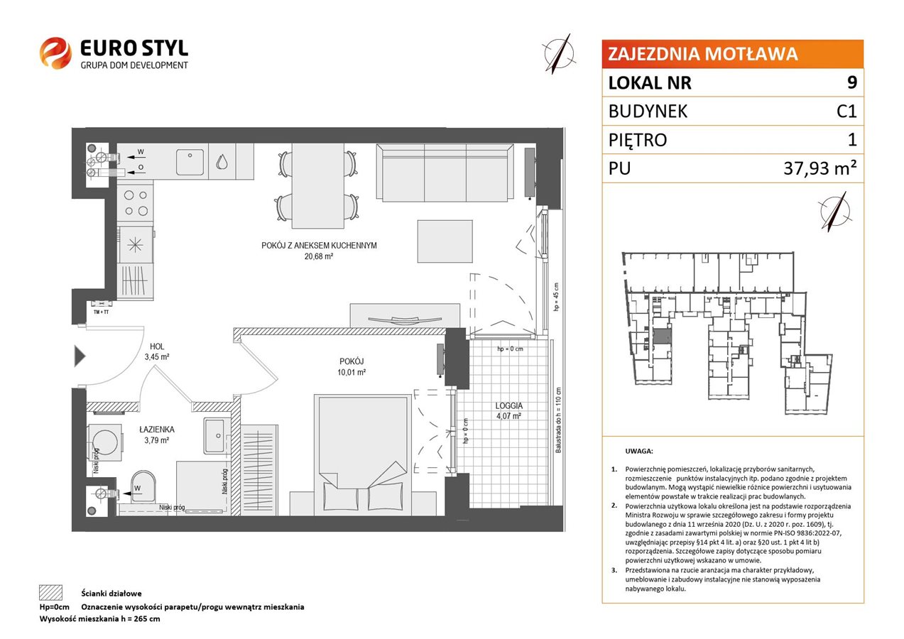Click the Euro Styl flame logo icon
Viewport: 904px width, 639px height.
tap(55, 53)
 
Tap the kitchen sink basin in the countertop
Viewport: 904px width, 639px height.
tap(190, 161)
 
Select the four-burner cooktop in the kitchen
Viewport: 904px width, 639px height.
tap(136, 203)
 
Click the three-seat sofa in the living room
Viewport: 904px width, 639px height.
tap(445, 173)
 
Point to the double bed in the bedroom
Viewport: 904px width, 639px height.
tap(363, 454)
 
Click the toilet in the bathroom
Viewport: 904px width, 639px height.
tap(143, 486)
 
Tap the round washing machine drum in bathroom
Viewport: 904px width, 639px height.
tap(105, 442)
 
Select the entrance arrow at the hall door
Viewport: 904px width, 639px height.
tap(80, 356)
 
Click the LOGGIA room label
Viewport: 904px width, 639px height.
tap(508, 405)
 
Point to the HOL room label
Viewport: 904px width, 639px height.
tap(157, 346)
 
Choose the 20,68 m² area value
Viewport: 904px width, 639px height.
tap(318, 256)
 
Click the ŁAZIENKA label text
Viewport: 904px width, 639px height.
tap(157, 430)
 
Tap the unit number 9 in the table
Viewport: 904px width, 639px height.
tap(851, 82)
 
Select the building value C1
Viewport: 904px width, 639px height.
tap(846, 111)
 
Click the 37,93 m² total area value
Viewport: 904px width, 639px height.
tap(819, 168)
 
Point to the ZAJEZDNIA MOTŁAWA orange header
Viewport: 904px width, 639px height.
tap(732, 54)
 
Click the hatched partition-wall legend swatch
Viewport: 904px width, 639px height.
tap(51, 592)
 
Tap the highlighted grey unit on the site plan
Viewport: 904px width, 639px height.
tap(663, 337)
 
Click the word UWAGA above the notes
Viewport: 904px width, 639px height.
tap(639, 451)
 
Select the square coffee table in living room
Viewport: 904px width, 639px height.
tap(445, 241)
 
